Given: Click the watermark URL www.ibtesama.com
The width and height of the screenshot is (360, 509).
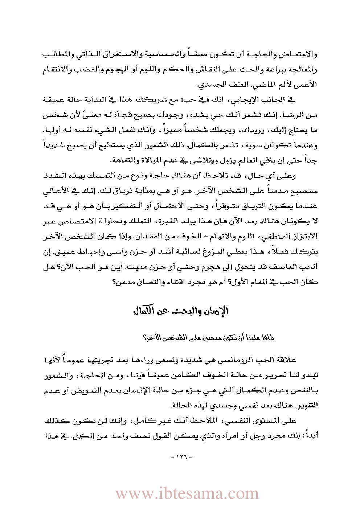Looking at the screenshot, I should pos(187,493).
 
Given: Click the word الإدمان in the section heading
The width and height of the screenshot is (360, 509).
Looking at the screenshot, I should pos(216,311).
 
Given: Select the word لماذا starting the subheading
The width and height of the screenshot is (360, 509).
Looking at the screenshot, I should pos(267,337).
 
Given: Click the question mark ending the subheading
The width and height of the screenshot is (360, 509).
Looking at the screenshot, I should pos(145,337).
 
